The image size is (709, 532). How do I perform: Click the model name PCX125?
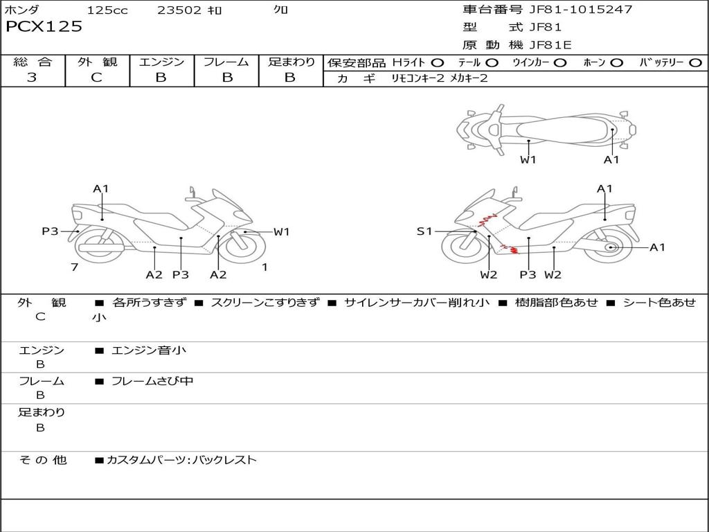pos(44,26)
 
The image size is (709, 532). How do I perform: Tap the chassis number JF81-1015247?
pos(581,9)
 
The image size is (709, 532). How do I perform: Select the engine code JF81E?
pos(550,45)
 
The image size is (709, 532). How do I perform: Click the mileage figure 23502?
pos(179,10)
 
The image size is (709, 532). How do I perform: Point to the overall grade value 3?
pos(32,77)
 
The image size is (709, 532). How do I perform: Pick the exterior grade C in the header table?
pos(96,77)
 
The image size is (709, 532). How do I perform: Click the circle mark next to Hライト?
pos(437,63)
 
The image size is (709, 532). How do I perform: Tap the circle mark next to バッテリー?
pos(695,63)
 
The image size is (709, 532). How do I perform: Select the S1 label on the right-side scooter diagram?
pos(424,231)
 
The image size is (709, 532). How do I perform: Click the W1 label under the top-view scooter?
pos(528,159)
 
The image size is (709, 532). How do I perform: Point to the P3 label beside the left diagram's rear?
pos(50,231)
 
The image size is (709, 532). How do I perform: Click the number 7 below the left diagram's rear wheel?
pos(75,267)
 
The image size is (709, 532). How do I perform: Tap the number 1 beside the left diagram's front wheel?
pos(265,267)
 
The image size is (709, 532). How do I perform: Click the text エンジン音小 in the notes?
pos(149,350)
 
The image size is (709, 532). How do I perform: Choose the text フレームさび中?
pos(152,381)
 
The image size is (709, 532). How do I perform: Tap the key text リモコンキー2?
pos(418,78)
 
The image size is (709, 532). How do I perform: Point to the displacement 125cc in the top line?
pos(107,10)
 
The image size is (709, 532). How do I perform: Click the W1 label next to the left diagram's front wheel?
pos(281,231)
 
